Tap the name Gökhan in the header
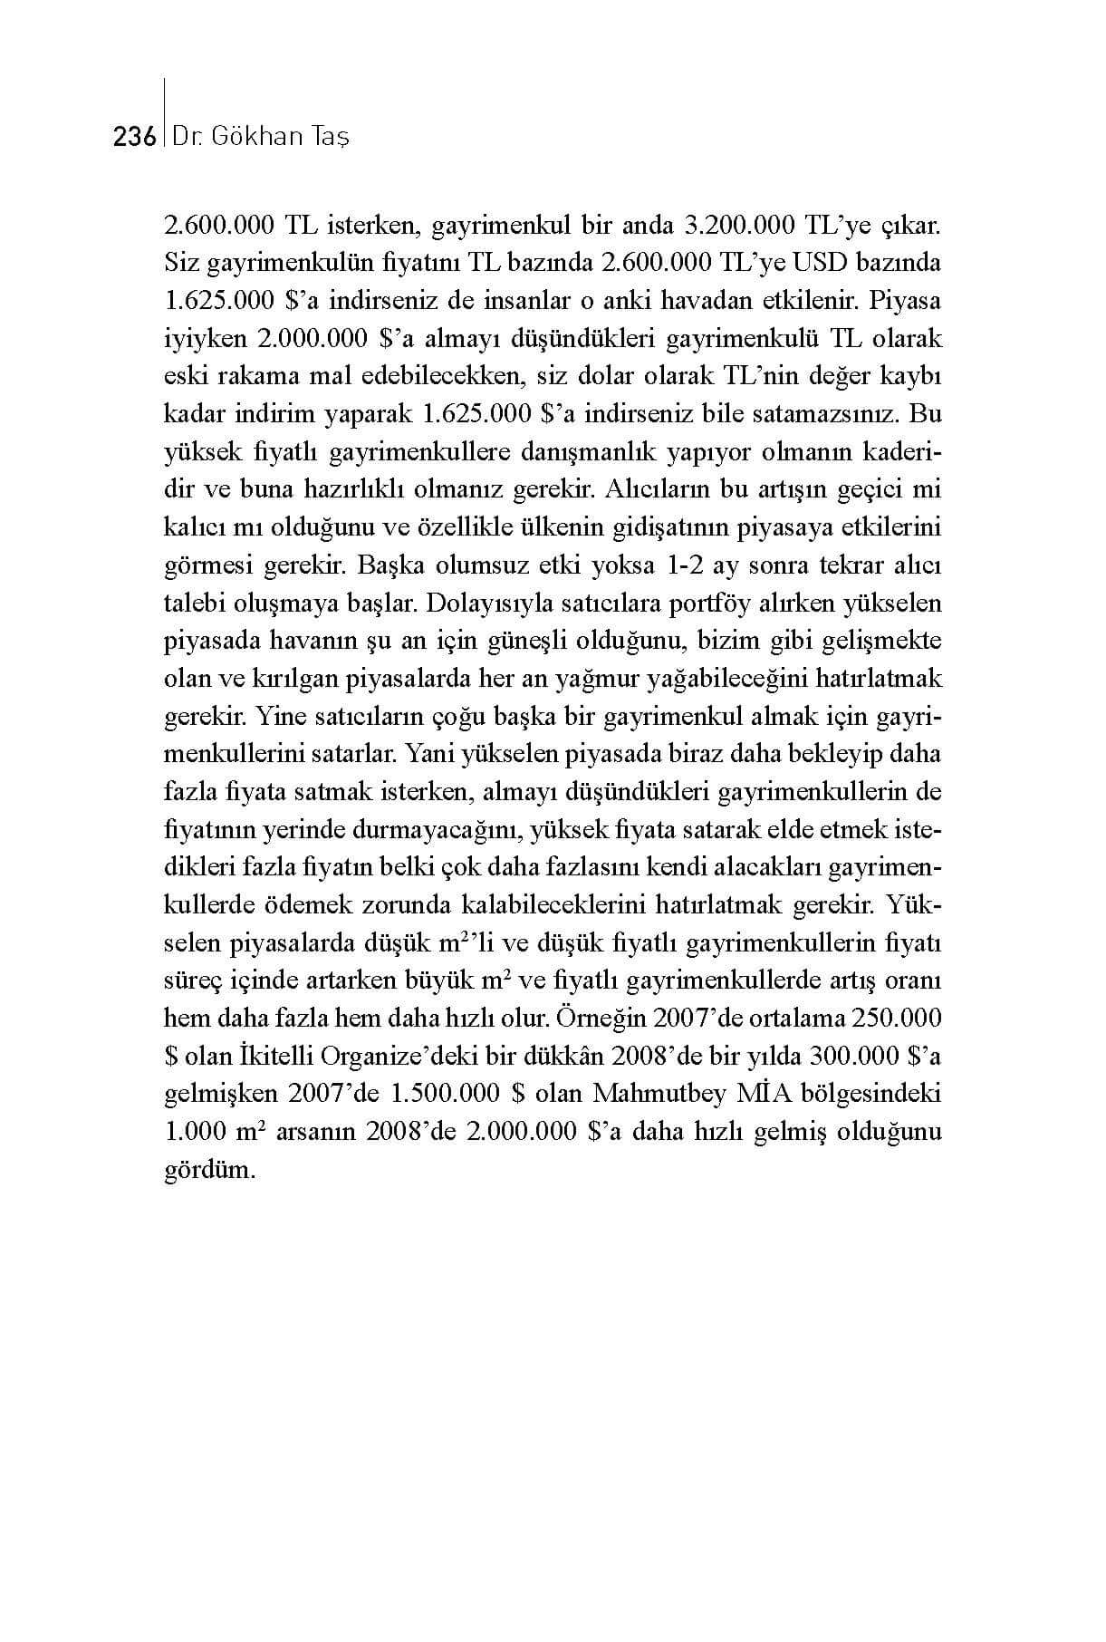click(x=260, y=138)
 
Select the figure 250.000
click(x=897, y=1019)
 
